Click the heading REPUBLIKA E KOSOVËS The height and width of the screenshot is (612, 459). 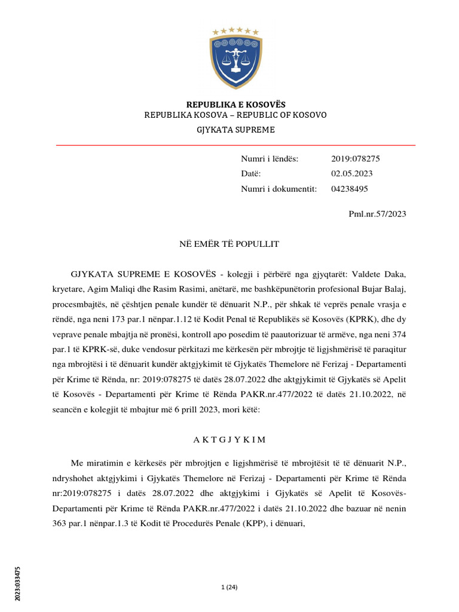[235, 105]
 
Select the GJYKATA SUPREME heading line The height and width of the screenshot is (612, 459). [235, 130]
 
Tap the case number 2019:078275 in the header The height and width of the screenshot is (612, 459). [355, 159]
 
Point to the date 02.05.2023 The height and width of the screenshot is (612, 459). [351, 174]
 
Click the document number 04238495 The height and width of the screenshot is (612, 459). [349, 189]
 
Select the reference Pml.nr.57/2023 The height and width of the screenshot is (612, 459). [377, 214]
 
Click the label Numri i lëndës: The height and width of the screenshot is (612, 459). [269, 159]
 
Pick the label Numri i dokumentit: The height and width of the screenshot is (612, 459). [279, 189]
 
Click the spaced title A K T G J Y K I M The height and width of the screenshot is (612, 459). [229, 439]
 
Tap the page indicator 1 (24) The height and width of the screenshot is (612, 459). [229, 587]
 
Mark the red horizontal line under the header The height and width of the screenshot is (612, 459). [235, 145]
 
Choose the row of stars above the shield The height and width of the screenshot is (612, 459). [235, 31]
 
